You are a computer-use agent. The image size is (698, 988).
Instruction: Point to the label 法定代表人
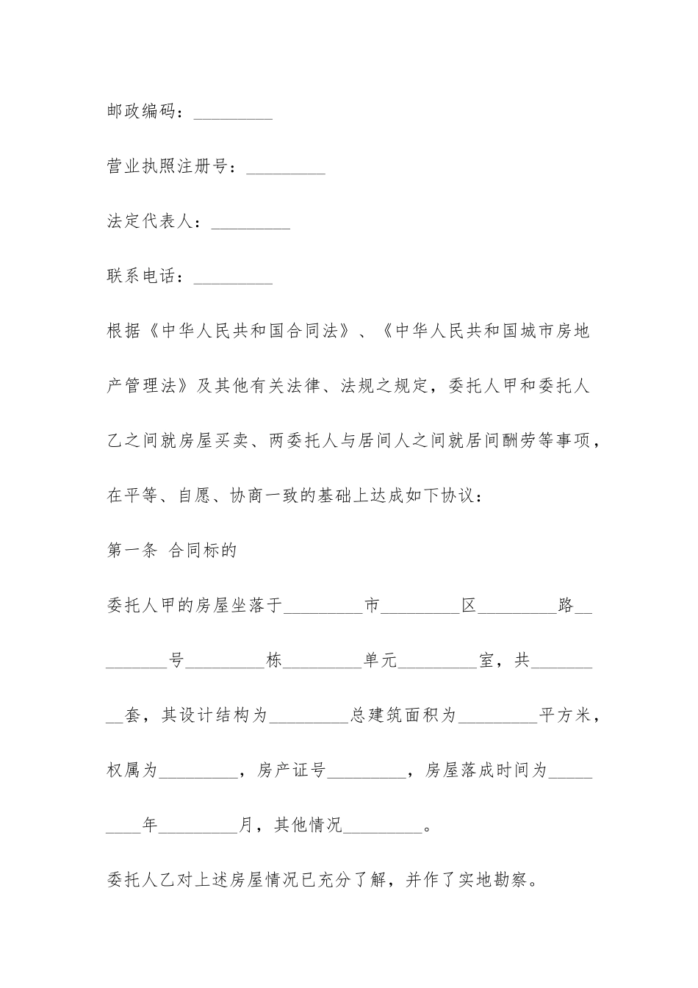[150, 221]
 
